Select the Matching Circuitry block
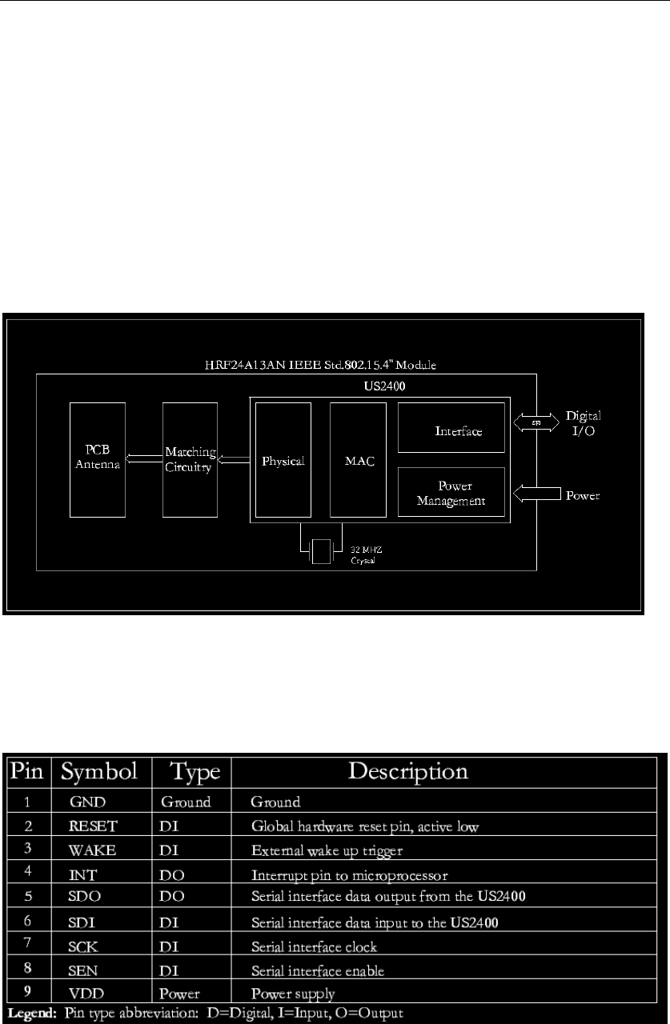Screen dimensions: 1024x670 tap(190, 458)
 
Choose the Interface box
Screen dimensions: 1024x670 tap(451, 430)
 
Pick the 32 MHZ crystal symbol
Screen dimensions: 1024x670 tap(321, 553)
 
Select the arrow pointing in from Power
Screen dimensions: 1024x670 tap(536, 496)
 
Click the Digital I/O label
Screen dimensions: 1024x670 tap(584, 422)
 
